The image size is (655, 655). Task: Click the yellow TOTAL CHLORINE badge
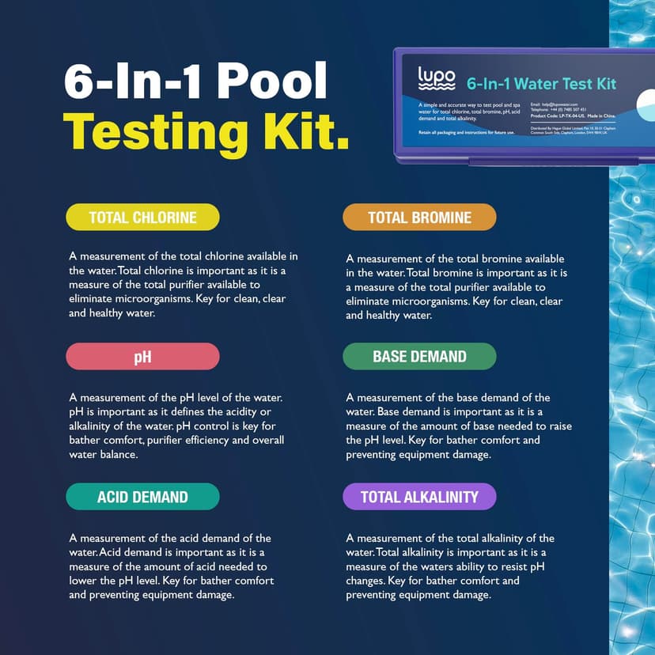(x=142, y=217)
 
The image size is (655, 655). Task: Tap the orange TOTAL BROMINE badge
(x=419, y=217)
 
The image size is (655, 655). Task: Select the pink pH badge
(x=142, y=356)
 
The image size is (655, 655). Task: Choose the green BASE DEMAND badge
(x=419, y=356)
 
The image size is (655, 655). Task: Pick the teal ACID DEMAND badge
(x=142, y=497)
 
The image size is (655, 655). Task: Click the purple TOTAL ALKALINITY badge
(x=419, y=497)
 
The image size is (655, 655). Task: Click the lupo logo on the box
(x=436, y=79)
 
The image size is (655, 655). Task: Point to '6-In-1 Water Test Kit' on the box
(x=541, y=84)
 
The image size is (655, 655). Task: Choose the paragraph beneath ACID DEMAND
(x=171, y=566)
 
